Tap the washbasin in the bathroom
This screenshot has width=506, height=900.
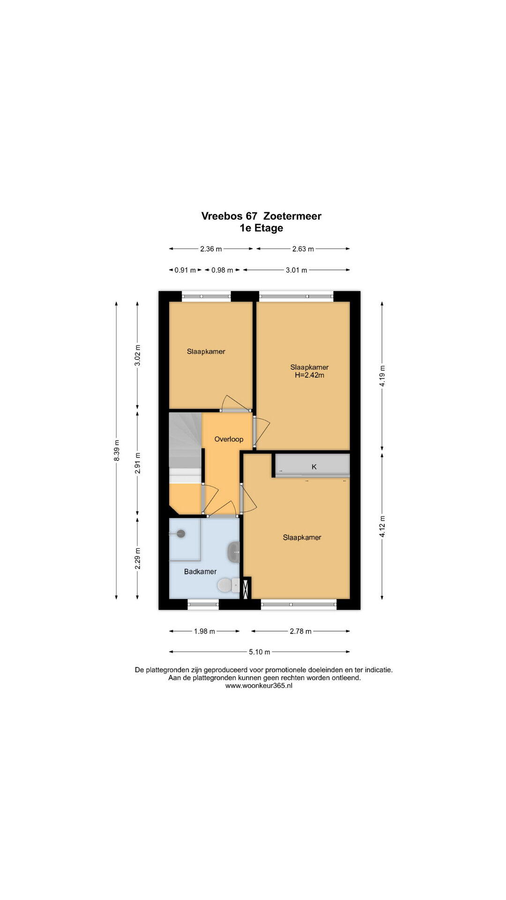click(x=233, y=552)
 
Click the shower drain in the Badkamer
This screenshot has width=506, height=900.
click(x=181, y=533)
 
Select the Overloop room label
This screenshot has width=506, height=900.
click(x=229, y=439)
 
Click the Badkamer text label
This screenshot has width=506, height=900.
click(x=200, y=571)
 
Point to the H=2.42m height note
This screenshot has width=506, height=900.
click(x=309, y=375)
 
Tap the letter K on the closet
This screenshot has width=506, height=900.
click(x=314, y=466)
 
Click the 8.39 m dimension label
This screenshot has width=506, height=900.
click(x=117, y=450)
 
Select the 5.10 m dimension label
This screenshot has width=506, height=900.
click(x=259, y=652)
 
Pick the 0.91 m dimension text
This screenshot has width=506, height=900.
click(x=185, y=270)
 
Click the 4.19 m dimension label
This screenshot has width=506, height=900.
click(x=382, y=376)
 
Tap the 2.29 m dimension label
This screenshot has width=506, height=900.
click(x=138, y=558)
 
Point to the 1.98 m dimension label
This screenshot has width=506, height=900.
click(x=204, y=631)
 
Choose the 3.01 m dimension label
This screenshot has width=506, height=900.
click(x=296, y=270)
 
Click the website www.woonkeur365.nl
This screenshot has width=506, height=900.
click(x=259, y=685)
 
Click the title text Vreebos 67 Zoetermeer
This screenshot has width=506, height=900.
click(x=261, y=216)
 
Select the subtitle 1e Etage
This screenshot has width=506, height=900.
click(x=261, y=228)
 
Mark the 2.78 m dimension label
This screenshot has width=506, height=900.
click(x=300, y=631)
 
